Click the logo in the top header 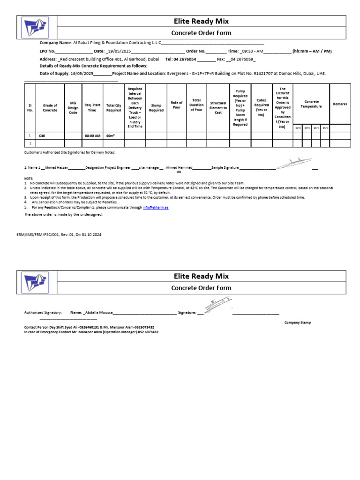coord(34,27)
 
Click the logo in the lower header coord(34,282)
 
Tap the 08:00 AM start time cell coord(92,135)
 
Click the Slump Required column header coord(156,108)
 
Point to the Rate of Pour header coord(177,105)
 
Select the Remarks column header coord(340,104)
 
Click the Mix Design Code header coord(73,108)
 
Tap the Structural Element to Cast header coord(218,108)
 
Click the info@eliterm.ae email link coord(156,207)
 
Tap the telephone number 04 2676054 coord(185,60)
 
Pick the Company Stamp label coord(297,322)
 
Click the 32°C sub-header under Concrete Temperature coord(298,127)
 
